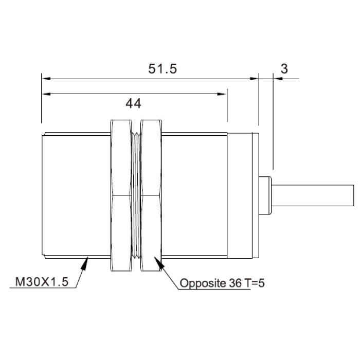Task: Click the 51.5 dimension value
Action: pyautogui.click(x=163, y=68)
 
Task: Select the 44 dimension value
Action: pyautogui.click(x=133, y=103)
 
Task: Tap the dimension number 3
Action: pyautogui.click(x=284, y=68)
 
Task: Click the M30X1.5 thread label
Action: pyautogui.click(x=42, y=282)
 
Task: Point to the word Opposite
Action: pyautogui.click(x=203, y=283)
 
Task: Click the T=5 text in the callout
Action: pyautogui.click(x=255, y=283)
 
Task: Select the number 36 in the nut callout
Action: pyautogui.click(x=235, y=283)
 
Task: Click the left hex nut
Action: pyautogui.click(x=121, y=195)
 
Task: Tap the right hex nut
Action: pyautogui.click(x=151, y=195)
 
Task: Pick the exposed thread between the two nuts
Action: pyautogui.click(x=136, y=195)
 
